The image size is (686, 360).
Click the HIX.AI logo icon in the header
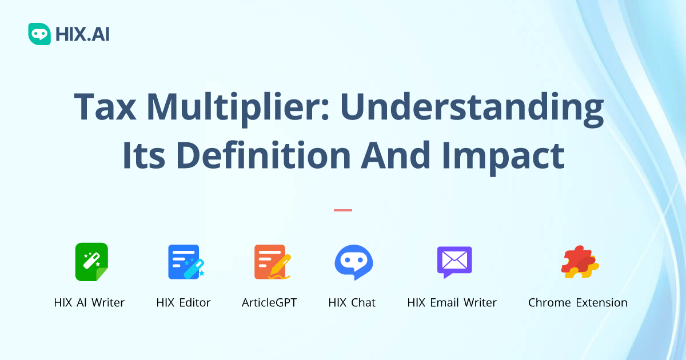[x=39, y=34]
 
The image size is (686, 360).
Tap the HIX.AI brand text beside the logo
[x=82, y=34]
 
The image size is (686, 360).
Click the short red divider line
[x=343, y=210]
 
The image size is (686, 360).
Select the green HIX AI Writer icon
[x=91, y=262]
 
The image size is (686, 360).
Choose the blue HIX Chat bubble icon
[x=353, y=262]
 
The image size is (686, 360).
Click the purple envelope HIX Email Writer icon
[x=454, y=262]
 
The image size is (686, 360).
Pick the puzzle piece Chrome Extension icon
[x=579, y=262]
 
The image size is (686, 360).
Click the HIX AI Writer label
[x=89, y=303]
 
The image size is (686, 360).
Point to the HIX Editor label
[x=184, y=303]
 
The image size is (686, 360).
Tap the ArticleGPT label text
[x=269, y=303]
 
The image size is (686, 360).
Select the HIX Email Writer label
[x=452, y=303]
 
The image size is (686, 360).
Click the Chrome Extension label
[x=577, y=303]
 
